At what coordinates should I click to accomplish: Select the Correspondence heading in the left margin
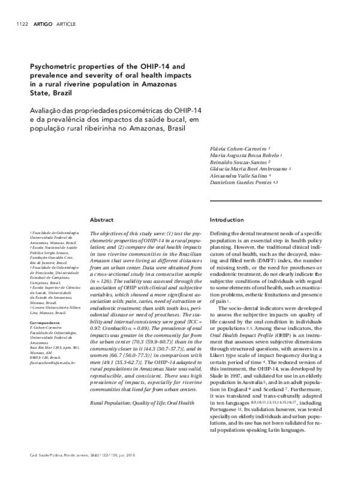coord(45,322)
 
